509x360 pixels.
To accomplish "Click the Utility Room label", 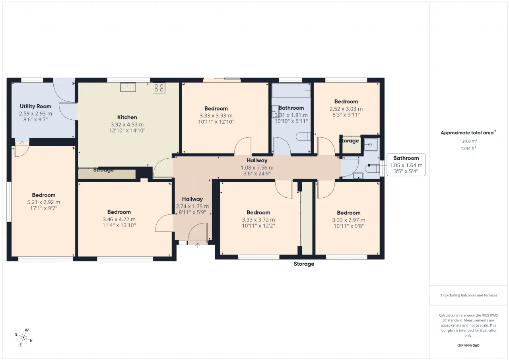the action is coord(35,106).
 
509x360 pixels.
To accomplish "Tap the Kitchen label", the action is coord(127,117).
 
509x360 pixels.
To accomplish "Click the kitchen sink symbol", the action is coord(128,87).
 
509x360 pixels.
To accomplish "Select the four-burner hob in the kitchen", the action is coord(159,88).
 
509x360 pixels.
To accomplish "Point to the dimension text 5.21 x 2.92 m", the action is coord(44,202).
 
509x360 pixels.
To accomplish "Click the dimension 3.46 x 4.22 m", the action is coord(119,219).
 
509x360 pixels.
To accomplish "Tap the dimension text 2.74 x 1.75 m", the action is coord(192,206).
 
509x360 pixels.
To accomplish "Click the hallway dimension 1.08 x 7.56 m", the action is coord(257,168).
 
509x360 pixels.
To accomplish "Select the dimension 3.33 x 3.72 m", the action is coord(258,220).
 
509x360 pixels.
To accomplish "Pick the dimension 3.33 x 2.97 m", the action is coord(349,220).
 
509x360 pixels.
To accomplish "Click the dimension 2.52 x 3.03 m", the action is coord(346,109).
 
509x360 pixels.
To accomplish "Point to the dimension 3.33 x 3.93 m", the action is coord(216,116).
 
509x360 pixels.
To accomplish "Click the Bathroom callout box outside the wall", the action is coord(406,165).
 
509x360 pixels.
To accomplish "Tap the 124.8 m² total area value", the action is coord(468,141).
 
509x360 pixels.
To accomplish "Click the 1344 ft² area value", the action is coord(468,148).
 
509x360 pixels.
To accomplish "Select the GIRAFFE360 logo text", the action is coord(468,345).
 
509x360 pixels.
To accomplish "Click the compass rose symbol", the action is coord(23,337).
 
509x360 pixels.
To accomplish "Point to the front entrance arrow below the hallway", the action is coord(198,245).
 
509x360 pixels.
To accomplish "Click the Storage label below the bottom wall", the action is coord(304,264).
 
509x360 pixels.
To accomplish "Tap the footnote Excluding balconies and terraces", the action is coord(468,295).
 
